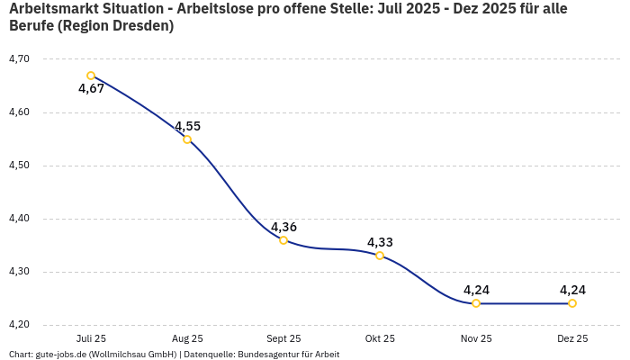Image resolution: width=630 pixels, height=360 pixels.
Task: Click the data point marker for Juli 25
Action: click(x=91, y=76)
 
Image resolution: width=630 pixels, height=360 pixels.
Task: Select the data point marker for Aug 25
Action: click(x=187, y=139)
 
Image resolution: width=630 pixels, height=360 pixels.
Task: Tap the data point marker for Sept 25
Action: click(x=283, y=240)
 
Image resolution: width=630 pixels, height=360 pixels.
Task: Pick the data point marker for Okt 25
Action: click(x=380, y=256)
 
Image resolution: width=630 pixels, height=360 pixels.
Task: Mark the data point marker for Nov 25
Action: click(x=476, y=303)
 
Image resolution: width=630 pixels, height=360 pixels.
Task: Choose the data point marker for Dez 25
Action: click(x=572, y=303)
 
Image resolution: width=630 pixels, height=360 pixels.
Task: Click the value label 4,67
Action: click(x=91, y=89)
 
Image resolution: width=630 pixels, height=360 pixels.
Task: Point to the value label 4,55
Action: click(x=187, y=126)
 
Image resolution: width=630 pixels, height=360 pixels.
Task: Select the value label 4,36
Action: click(x=283, y=227)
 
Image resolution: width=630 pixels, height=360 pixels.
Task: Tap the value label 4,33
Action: click(x=380, y=242)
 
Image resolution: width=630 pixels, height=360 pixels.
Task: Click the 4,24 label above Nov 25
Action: click(x=476, y=290)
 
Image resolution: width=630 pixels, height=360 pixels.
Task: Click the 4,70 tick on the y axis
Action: click(x=18, y=59)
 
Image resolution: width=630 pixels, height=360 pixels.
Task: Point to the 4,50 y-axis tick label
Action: click(x=18, y=166)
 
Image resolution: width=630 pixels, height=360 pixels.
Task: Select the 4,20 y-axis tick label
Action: click(x=18, y=325)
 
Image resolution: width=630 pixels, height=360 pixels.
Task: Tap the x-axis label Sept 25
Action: click(x=283, y=339)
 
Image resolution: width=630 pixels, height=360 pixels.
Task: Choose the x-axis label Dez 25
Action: click(x=572, y=339)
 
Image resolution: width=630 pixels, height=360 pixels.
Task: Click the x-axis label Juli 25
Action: click(x=91, y=339)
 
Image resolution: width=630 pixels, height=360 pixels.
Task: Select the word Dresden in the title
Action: click(x=141, y=26)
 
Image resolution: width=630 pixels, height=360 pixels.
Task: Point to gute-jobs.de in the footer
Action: click(x=59, y=355)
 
